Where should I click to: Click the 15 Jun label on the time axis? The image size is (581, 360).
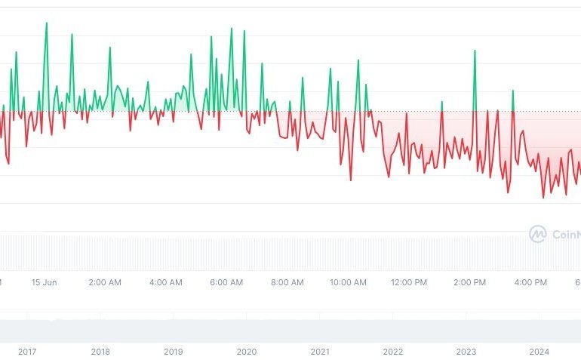click(x=45, y=282)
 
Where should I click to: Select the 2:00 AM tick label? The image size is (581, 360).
click(x=105, y=282)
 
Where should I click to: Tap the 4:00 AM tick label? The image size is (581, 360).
click(x=166, y=282)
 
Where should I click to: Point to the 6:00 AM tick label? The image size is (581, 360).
click(x=226, y=282)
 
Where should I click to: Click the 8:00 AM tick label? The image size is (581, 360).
click(x=287, y=282)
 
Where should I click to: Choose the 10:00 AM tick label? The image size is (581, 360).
click(x=349, y=282)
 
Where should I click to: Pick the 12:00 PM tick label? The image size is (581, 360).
click(x=409, y=282)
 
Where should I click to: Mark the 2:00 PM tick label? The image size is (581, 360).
click(x=470, y=282)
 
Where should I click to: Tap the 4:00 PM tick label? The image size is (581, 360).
click(x=530, y=282)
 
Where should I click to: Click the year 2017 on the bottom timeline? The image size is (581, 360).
click(x=27, y=352)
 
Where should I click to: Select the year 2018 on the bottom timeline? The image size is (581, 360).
click(x=100, y=352)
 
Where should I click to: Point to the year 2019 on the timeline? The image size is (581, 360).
click(x=174, y=352)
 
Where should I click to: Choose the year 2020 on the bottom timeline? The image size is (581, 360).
click(x=247, y=352)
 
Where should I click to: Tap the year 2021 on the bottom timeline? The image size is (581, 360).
click(x=320, y=352)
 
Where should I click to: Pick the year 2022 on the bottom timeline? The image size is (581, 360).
click(x=393, y=352)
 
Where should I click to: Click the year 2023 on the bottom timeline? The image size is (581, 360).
click(x=466, y=352)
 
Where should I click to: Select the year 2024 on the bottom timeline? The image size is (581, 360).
click(x=539, y=352)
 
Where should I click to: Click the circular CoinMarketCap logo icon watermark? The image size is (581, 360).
click(x=537, y=234)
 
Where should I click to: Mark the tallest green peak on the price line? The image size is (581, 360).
click(x=46, y=23)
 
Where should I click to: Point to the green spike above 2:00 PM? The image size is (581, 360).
click(x=475, y=51)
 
